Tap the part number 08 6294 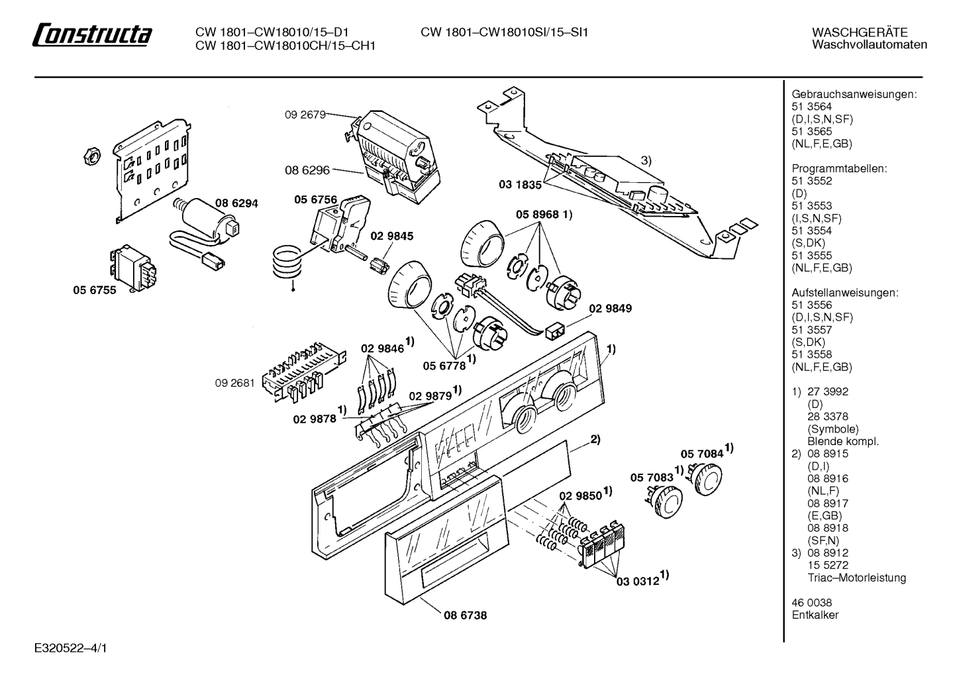point(236,203)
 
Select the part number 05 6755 point(95,290)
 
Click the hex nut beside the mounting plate point(91,156)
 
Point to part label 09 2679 point(305,115)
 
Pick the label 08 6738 point(465,615)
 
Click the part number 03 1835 point(520,185)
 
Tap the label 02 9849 point(611,308)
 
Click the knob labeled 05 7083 point(666,503)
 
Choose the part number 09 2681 point(235,383)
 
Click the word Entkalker point(815,615)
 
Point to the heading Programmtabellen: point(840,168)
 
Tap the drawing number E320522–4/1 point(71,648)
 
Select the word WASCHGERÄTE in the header point(860,32)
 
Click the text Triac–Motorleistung point(857,578)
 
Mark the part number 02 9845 point(392,236)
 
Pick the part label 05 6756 point(315,199)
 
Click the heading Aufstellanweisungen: point(845,293)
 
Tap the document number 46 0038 point(812,603)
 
